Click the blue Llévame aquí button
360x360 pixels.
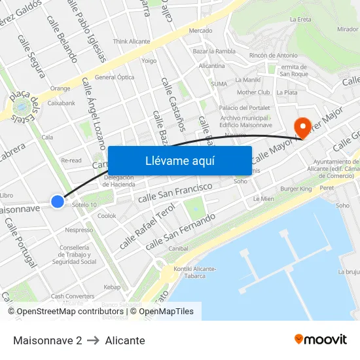click(179, 160)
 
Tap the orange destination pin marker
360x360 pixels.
click(303, 126)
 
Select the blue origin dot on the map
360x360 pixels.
click(58, 202)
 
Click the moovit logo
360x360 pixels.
click(320, 340)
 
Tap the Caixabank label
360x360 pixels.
click(62, 103)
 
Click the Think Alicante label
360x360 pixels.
click(132, 41)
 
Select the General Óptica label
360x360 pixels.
click(115, 77)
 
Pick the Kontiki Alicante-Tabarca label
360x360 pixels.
click(194, 272)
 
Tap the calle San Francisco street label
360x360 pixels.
click(175, 192)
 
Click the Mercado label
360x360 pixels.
click(200, 31)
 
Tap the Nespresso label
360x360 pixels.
click(79, 230)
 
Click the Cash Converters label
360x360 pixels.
click(73, 296)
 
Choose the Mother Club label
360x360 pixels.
click(253, 92)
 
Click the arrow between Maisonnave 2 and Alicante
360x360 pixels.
click(94, 340)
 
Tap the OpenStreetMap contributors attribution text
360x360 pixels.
click(68, 312)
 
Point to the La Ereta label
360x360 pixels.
click(300, 19)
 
